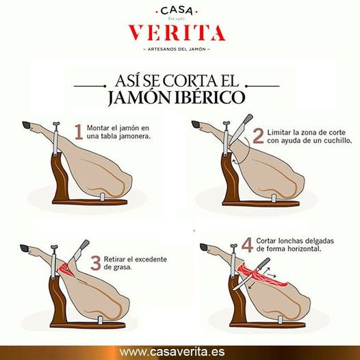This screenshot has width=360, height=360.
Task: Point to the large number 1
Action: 79,131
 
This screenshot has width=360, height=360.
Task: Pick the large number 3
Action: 97,263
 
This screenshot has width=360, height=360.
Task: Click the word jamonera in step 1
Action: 129,136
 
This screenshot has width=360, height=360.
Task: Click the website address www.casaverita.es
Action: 179,348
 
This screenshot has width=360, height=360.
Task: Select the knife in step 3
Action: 80,249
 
